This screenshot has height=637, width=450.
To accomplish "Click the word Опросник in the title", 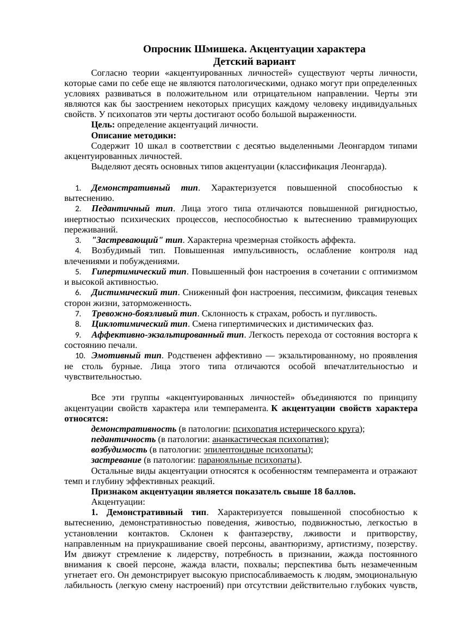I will pyautogui.click(x=167, y=49).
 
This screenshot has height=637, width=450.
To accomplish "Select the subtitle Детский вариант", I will pyautogui.click(x=254, y=62).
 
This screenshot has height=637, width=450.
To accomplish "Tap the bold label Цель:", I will pyautogui.click(x=103, y=125).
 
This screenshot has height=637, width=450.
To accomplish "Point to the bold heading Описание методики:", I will pyautogui.click(x=133, y=135).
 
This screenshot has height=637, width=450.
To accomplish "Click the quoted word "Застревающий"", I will pyautogui.click(x=127, y=240).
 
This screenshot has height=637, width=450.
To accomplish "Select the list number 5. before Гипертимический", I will pyautogui.click(x=78, y=272).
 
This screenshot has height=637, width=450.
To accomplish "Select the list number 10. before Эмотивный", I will pyautogui.click(x=80, y=356).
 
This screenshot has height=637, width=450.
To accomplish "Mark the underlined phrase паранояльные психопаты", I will pyautogui.click(x=247, y=460).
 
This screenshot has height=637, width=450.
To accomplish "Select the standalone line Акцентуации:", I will pyautogui.click(x=118, y=502).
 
